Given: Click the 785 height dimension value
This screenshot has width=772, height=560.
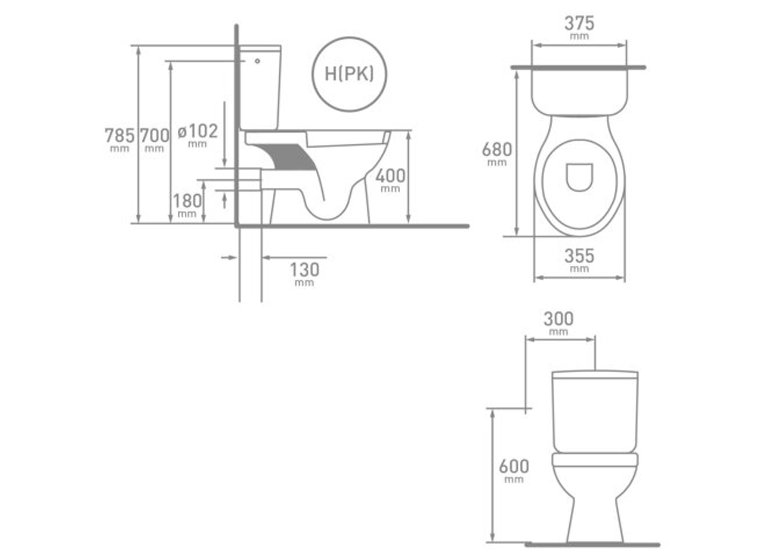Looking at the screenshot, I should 120,136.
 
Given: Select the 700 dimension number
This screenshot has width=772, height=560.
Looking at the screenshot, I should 154,136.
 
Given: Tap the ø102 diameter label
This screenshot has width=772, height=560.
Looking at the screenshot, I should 198,131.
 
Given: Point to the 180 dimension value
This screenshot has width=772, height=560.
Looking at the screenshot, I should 187,201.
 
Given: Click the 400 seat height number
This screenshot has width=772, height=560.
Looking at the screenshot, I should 390,176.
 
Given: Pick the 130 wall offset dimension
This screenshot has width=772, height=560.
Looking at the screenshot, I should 304,270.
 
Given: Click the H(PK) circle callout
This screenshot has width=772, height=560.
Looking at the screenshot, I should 349,74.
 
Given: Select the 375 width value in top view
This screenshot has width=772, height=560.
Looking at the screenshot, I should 579,23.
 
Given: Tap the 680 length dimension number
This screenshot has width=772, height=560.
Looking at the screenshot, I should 497,149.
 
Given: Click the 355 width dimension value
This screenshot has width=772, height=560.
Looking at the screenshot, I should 579,256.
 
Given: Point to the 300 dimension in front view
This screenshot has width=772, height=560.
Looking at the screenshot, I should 558,319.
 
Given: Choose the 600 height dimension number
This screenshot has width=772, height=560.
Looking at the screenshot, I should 514,466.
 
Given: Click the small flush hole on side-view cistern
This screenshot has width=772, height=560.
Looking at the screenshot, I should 257,61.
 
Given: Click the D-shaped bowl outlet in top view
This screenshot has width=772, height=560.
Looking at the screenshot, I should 579,177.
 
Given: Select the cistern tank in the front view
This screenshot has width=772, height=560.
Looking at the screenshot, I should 595,414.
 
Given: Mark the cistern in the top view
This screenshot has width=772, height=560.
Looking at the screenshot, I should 579,91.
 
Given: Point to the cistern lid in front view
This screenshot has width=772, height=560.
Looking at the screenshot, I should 595,374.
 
